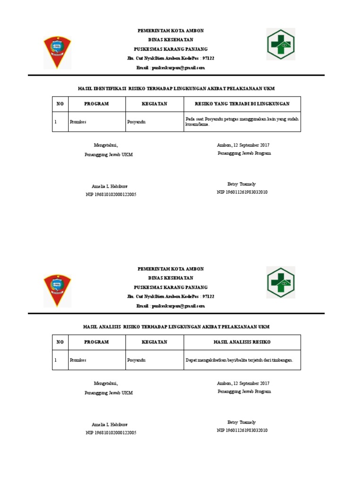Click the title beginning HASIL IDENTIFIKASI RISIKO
tap(176, 89)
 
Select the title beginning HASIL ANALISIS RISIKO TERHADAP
tap(176, 327)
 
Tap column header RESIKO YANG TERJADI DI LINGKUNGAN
tap(242, 104)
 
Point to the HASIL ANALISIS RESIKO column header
tap(242, 342)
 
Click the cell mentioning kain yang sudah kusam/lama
tap(242, 122)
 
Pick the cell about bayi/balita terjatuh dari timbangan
tap(239, 360)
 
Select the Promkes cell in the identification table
tap(78, 122)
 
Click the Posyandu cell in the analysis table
tap(136, 360)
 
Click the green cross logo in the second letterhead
tap(281, 282)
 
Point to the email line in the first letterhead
tap(171, 68)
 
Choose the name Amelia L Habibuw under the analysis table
tap(109, 424)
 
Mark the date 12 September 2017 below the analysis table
tap(243, 383)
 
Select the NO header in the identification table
tap(60, 104)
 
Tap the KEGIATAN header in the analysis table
tap(155, 342)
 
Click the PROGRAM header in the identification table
tap(96, 104)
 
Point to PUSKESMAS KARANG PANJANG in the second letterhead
tap(171, 287)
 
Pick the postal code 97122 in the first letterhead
tap(208, 58)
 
